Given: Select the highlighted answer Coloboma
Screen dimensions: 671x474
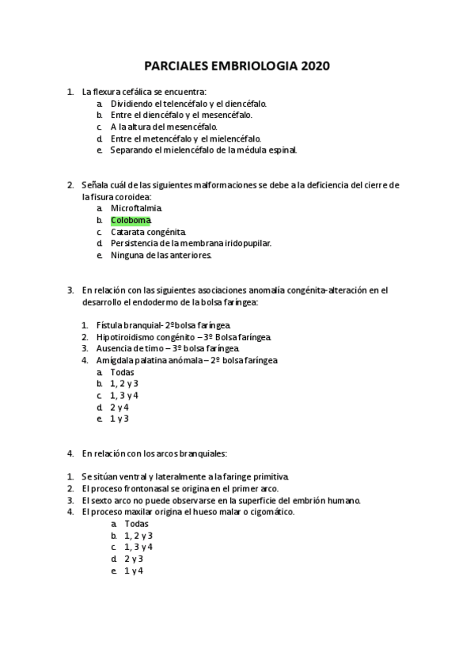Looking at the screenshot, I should click(131, 219).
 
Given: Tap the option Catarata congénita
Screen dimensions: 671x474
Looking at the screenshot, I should click(148, 232).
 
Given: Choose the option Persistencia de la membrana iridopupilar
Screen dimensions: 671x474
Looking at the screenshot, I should click(191, 243).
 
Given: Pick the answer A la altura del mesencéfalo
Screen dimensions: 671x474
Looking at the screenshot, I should click(164, 127).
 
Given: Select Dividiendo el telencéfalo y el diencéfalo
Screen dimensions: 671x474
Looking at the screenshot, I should click(188, 104).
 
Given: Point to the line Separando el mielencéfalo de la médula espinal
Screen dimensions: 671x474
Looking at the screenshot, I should click(203, 150).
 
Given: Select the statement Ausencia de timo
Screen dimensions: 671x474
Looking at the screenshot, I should click(167, 348).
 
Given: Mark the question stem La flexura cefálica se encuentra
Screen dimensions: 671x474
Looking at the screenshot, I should click(143, 92).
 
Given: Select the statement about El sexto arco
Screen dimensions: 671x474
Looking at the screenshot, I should click(221, 501).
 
